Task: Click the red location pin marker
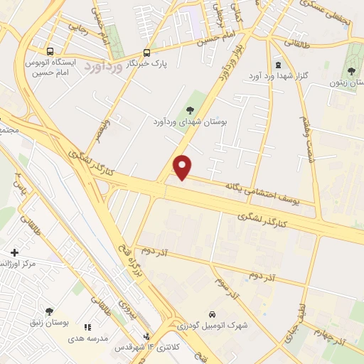click(x=183, y=166)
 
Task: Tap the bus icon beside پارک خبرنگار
click(x=146, y=53)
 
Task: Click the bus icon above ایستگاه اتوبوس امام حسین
click(x=50, y=52)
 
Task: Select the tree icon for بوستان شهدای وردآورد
click(x=190, y=109)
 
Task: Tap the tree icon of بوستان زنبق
click(x=49, y=311)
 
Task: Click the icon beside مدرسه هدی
click(x=87, y=327)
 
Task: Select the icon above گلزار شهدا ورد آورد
click(x=277, y=65)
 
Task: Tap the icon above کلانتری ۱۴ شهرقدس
click(x=146, y=336)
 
